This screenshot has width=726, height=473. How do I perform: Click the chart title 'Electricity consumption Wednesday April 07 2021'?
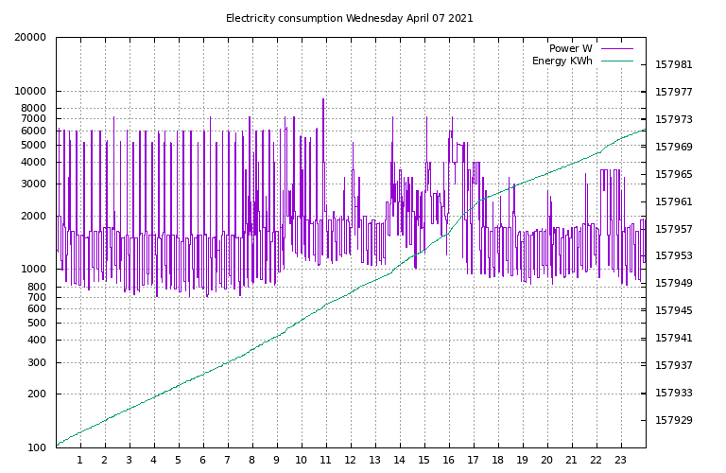click(349, 18)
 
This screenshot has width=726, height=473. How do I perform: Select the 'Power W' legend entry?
click(570, 48)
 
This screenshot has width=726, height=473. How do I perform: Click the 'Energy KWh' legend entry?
click(562, 61)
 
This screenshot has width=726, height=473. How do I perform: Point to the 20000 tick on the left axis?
click(30, 38)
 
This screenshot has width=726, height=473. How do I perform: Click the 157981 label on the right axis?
click(674, 65)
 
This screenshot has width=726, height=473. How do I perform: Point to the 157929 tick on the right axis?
click(674, 420)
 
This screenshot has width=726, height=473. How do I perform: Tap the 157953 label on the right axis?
click(674, 256)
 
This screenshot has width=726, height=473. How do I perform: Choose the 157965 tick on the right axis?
click(674, 175)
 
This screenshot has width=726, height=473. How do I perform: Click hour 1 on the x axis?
click(80, 461)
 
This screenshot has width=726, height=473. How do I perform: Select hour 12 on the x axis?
click(351, 461)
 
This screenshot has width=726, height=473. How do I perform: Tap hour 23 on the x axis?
click(621, 461)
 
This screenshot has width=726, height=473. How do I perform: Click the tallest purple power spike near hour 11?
click(323, 99)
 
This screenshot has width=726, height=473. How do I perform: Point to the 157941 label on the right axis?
click(674, 338)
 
